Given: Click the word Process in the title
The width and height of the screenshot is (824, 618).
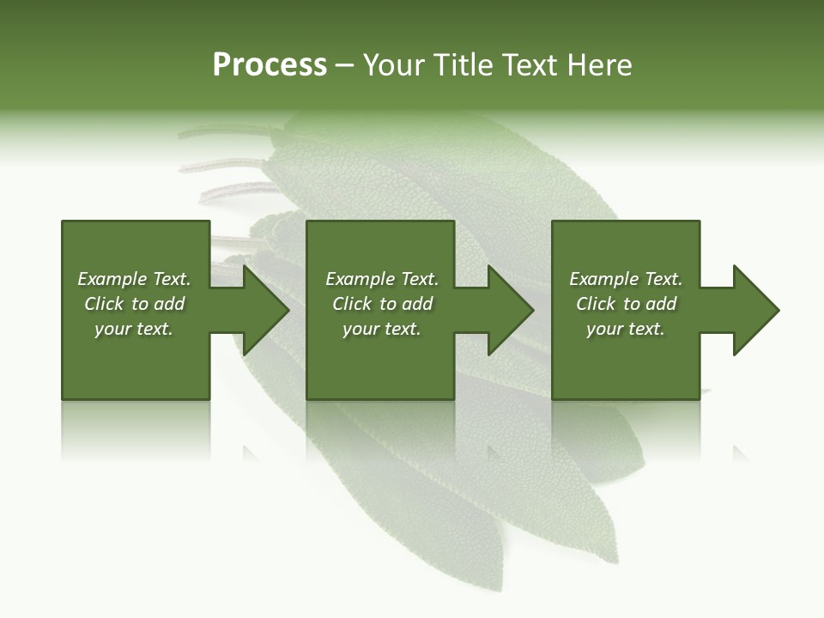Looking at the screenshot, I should point(270,65).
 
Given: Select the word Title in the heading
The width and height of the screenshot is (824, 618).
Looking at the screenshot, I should point(463,65).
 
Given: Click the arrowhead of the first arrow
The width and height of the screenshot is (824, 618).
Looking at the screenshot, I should point(266,310).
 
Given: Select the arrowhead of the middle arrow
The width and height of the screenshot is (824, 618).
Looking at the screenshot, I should point(511,310).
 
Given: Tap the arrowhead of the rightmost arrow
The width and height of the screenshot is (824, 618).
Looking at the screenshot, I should point(756,310).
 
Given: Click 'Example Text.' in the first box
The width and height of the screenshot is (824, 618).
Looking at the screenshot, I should point(134,279).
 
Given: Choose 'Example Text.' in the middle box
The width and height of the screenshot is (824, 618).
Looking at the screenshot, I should point(382,279).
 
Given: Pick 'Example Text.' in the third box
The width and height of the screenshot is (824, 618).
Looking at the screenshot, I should point(626,279).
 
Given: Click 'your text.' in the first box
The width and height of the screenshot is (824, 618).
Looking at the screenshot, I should point(134,329).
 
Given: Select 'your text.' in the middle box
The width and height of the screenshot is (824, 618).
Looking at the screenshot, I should point(382,329).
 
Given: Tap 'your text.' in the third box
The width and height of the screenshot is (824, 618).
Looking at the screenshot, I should point(626,329).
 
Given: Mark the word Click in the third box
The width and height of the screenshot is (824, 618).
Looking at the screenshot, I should point(597,304).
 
